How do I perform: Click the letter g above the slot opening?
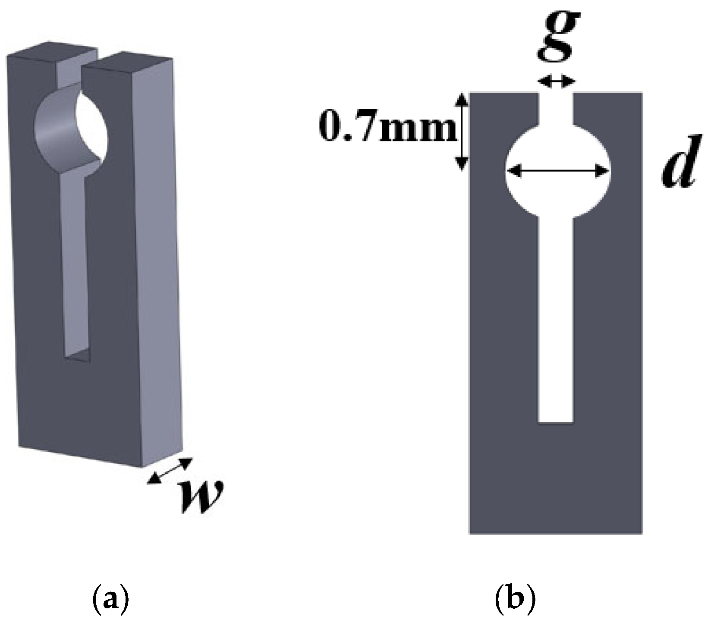(557, 37)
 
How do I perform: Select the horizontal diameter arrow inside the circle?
(557, 171)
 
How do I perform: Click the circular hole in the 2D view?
(557, 171)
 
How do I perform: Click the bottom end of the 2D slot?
(556, 422)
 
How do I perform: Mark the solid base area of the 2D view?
(556, 479)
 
